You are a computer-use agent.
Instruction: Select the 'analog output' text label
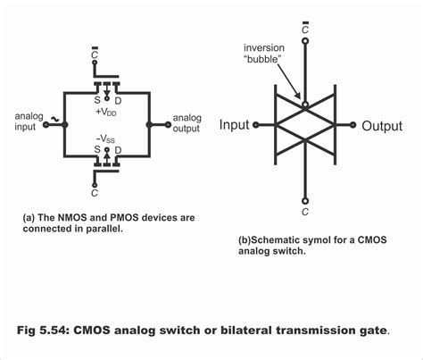[187, 121]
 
